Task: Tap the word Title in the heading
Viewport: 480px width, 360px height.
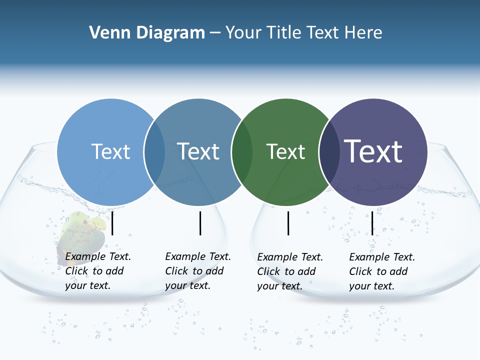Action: (x=284, y=33)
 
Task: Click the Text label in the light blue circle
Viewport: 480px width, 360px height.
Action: (x=110, y=151)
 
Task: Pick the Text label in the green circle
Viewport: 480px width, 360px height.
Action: (x=285, y=151)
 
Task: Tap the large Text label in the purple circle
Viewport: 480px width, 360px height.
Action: (x=373, y=151)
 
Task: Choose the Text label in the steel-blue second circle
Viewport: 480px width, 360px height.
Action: (x=198, y=151)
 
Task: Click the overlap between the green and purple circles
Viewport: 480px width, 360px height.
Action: (x=328, y=151)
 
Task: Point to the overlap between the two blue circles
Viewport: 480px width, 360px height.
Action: (x=154, y=151)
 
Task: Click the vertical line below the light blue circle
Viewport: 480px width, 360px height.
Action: (x=112, y=223)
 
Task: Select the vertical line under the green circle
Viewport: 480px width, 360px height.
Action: (x=288, y=223)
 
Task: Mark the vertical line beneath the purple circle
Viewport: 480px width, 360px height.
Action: (x=372, y=223)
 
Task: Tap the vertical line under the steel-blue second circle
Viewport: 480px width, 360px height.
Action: (x=200, y=223)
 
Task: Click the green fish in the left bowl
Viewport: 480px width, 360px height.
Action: (x=82, y=231)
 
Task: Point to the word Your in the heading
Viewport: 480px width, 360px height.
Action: (x=242, y=33)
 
